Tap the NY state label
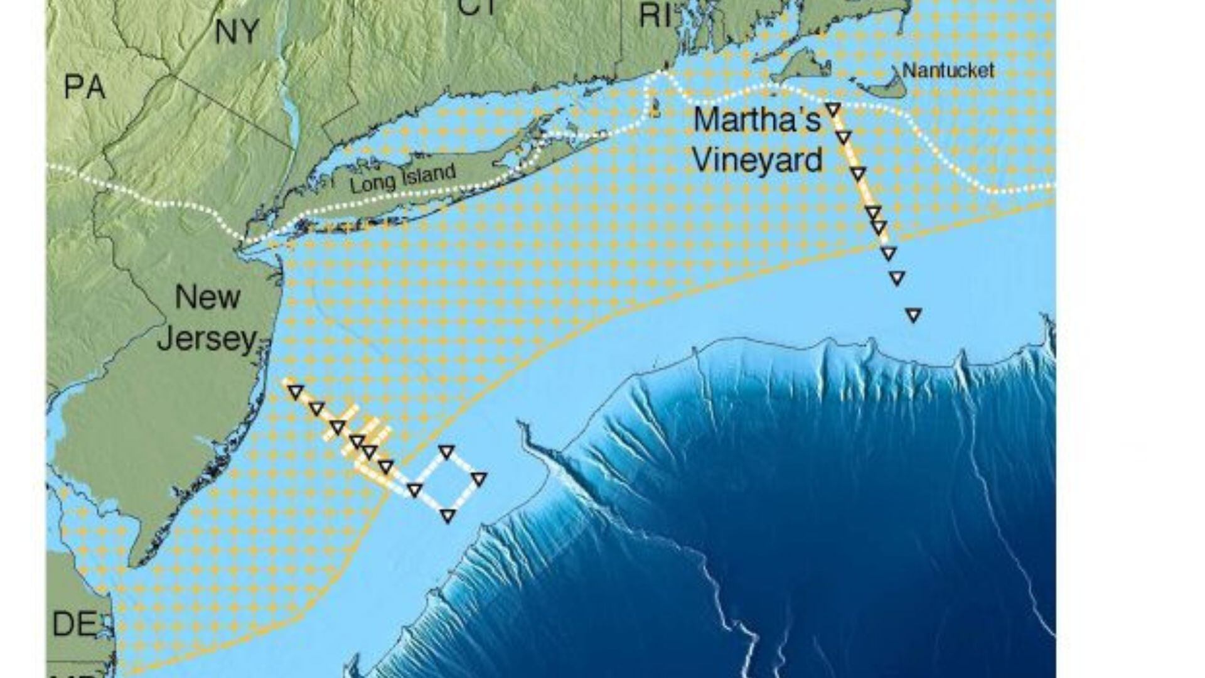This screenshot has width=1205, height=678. (237, 31)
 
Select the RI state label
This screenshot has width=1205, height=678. (655, 16)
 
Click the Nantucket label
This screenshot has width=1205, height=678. (948, 70)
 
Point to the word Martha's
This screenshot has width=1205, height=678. (757, 120)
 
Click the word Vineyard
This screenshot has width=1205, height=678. (757, 161)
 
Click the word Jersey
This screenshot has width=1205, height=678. (207, 340)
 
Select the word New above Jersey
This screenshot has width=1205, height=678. (207, 297)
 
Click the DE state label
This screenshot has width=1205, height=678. (75, 624)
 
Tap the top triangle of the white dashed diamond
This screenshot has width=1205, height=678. (446, 451)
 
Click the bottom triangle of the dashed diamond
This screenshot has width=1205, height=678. (447, 516)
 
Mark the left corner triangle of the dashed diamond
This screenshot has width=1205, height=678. (414, 490)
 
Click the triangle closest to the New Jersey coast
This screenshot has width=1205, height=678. (295, 392)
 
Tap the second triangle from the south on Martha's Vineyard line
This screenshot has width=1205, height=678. (897, 277)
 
